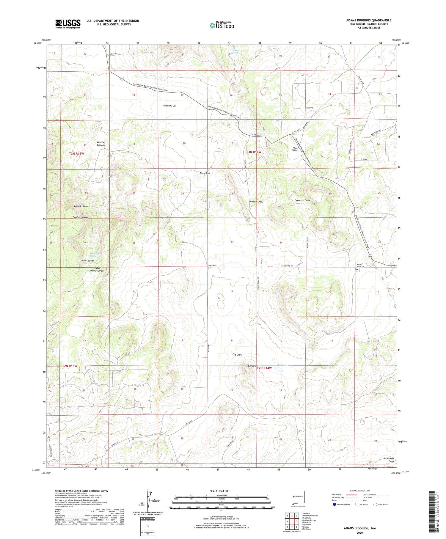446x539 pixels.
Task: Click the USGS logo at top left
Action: (68, 24)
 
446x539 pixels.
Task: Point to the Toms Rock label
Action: (205, 173)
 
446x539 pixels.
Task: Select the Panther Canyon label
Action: (101, 144)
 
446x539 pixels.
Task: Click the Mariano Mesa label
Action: (81, 206)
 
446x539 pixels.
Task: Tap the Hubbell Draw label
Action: (256, 202)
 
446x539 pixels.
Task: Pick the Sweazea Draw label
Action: (302, 200)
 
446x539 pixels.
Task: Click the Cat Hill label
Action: (252, 366)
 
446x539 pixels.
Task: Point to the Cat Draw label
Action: (237, 355)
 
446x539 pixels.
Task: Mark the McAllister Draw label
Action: (389, 460)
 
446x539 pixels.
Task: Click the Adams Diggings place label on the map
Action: (296, 149)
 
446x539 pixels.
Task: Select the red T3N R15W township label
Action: (77, 154)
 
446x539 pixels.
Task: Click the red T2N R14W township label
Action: (264, 368)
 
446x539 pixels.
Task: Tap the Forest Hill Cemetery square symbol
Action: (357, 270)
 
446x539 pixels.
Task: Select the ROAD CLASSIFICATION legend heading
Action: (360, 491)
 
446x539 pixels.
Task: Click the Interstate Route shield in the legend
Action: (334, 505)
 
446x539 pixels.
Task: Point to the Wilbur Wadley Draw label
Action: (97, 270)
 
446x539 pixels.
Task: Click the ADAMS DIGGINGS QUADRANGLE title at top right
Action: (369, 20)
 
